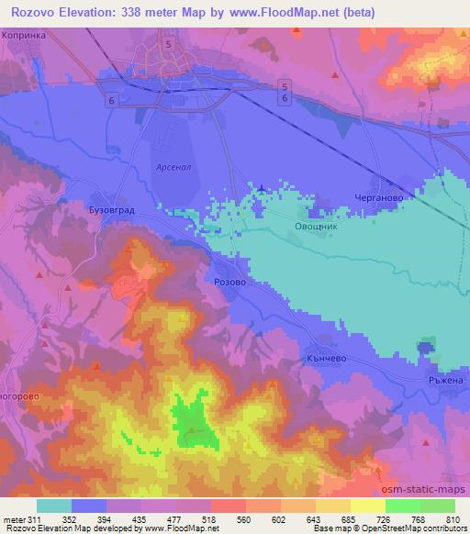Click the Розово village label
[229, 284]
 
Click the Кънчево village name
[326, 361]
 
